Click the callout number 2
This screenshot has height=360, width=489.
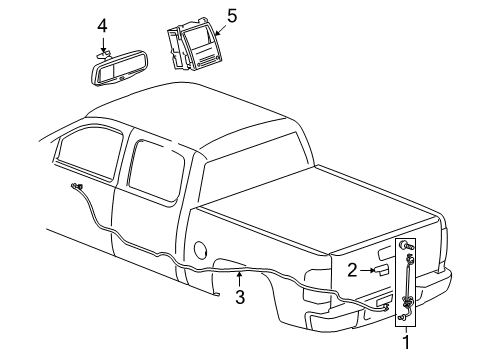pos(351,269)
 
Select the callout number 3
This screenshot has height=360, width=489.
pos(240,298)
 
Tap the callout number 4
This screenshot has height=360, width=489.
pos(102,25)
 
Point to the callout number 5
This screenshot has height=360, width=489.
pos(232,17)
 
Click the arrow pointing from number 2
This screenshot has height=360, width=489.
pos(367,270)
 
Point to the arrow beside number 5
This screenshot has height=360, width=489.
pos(218,27)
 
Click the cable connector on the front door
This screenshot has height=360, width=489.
pos(77,187)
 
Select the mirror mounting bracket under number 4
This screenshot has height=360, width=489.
pos(107,55)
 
